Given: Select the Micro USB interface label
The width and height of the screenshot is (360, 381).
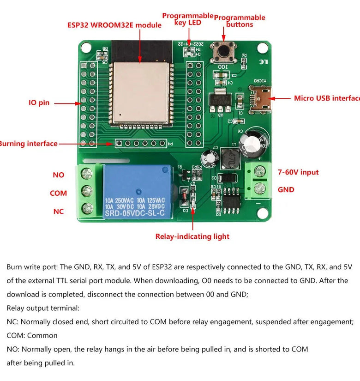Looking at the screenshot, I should [x=326, y=98].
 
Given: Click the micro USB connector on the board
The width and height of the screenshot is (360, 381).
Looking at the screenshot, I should [x=261, y=98].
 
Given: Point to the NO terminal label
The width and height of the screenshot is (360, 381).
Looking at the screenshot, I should [x=59, y=175].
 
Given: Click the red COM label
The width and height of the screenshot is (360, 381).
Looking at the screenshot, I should [x=58, y=193].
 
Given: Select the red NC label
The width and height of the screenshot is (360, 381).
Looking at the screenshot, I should [x=58, y=212].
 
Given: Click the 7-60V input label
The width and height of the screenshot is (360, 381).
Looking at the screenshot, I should [x=298, y=172].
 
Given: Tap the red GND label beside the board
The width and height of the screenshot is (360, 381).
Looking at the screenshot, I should [x=286, y=189].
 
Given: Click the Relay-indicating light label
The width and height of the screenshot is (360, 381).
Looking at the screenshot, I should [x=192, y=236].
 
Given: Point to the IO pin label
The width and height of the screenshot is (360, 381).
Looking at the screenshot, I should [x=39, y=103].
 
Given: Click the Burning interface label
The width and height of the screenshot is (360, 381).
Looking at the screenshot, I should [x=28, y=144].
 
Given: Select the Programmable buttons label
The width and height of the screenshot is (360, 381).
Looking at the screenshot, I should [x=240, y=21].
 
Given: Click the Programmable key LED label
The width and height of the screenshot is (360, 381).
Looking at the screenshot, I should [x=188, y=19].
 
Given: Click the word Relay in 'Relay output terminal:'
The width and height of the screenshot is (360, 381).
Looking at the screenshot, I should [x=16, y=308].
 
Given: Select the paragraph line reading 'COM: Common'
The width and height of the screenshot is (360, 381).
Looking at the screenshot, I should [x=32, y=335].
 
